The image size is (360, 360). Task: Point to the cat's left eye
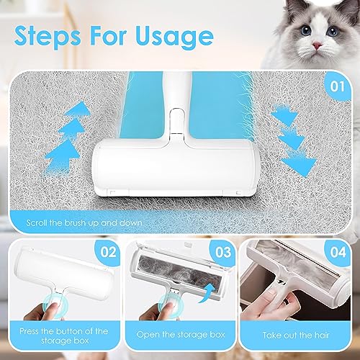coord(299,31)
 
